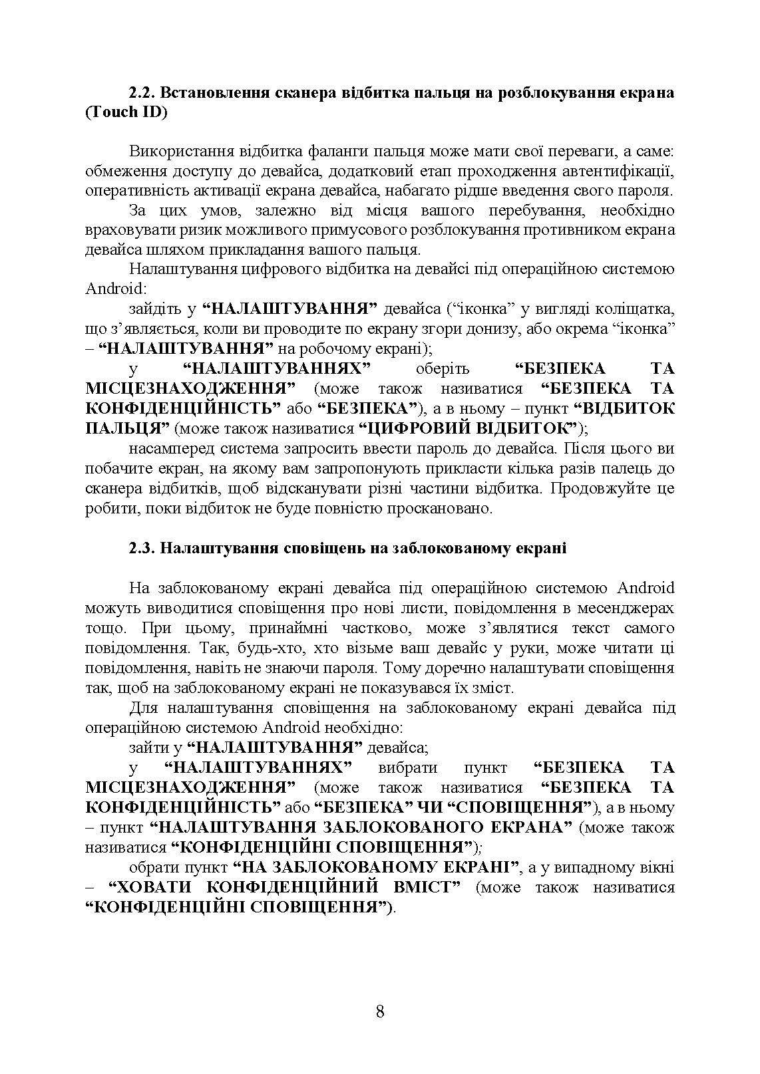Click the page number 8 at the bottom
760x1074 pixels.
[x=380, y=1012]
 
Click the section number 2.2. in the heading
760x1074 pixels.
[x=142, y=92]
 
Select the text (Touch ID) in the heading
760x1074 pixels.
[x=126, y=112]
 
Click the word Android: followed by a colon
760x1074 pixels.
[x=114, y=289]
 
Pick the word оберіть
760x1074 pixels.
[x=442, y=368]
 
